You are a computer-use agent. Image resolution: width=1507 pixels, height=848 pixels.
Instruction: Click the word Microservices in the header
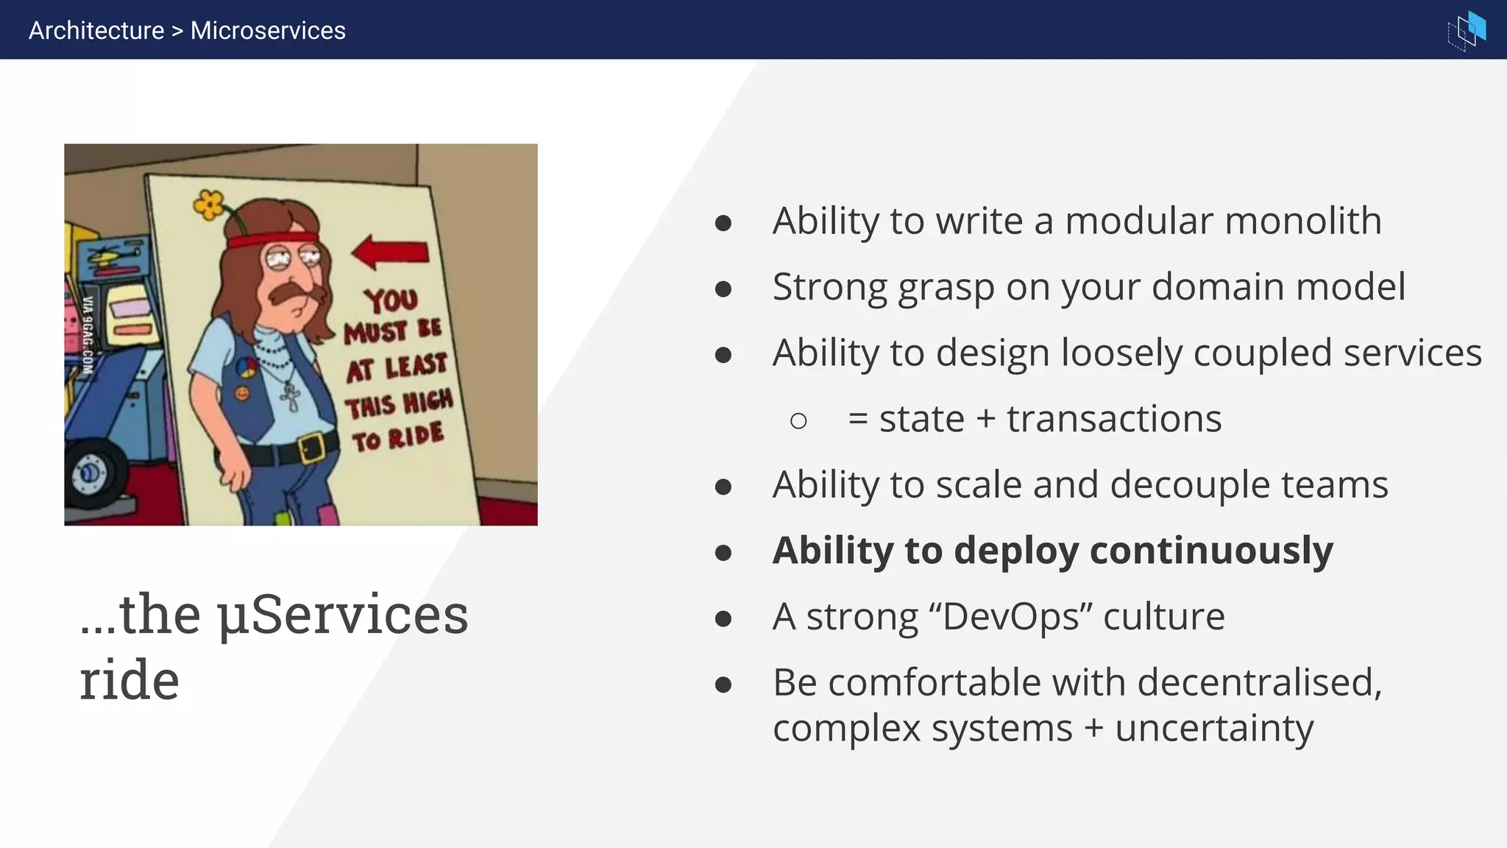tap(268, 30)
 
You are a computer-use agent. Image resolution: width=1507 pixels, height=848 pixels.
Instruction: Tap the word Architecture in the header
tap(96, 30)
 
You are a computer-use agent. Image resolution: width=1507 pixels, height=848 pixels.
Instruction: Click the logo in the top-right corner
tap(1467, 30)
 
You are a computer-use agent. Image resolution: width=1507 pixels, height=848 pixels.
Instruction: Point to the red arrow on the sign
tap(391, 252)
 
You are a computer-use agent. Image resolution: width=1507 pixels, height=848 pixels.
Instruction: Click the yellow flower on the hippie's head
tap(209, 204)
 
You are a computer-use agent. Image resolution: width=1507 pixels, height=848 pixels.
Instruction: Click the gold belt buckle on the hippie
tap(312, 446)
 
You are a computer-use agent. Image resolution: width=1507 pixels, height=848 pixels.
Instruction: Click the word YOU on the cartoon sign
tap(391, 300)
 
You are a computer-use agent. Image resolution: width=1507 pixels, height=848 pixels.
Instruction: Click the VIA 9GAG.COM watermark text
tap(88, 335)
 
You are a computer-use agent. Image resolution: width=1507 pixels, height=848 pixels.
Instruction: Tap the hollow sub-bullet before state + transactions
tap(798, 421)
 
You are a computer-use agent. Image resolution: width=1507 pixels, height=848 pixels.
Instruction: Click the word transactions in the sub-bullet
tap(1114, 419)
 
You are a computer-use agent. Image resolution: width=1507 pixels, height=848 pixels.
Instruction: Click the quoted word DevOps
tap(1011, 617)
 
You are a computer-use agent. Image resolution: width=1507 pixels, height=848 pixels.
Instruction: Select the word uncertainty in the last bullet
tap(1214, 729)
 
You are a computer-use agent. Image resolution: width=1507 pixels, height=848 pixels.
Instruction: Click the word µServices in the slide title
tap(342, 615)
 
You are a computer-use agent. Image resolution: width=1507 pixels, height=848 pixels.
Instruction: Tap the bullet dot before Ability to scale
tap(723, 487)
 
